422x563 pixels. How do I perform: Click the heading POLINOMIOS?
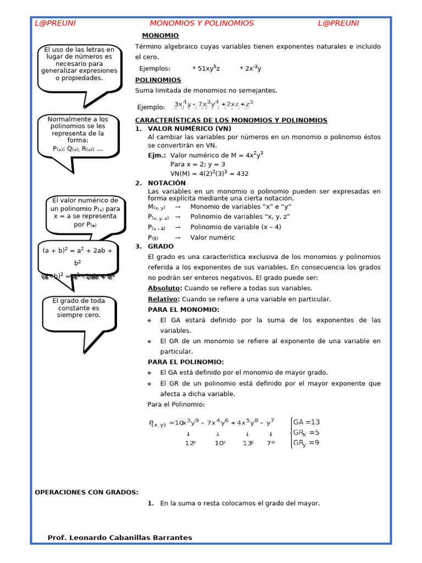pos(158,80)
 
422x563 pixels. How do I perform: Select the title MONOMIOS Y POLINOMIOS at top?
pos(202,23)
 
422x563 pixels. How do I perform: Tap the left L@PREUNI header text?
pos(55,23)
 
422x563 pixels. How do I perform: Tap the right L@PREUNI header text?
pos(338,23)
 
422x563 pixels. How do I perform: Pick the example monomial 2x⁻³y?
pos(251,68)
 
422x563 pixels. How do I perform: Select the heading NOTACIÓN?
pos(166,183)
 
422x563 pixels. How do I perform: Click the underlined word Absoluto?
pos(164,288)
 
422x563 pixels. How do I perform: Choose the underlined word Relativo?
pos(163,299)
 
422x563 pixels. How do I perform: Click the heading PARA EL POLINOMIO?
pos(186,362)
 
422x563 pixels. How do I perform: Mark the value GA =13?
pos(306,422)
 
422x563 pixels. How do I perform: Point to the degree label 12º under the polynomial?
pos(190,443)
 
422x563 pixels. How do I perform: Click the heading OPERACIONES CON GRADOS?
pos(87,492)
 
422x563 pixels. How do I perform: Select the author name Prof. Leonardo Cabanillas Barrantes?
pos(120,537)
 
